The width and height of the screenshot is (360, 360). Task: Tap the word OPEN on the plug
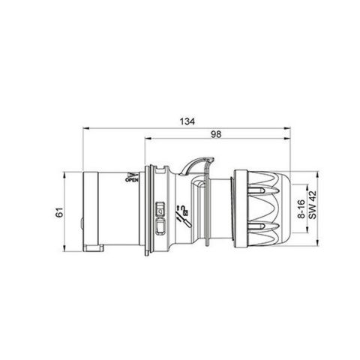click(x=130, y=179)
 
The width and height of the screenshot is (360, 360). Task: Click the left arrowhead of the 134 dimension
click(x=79, y=128)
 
